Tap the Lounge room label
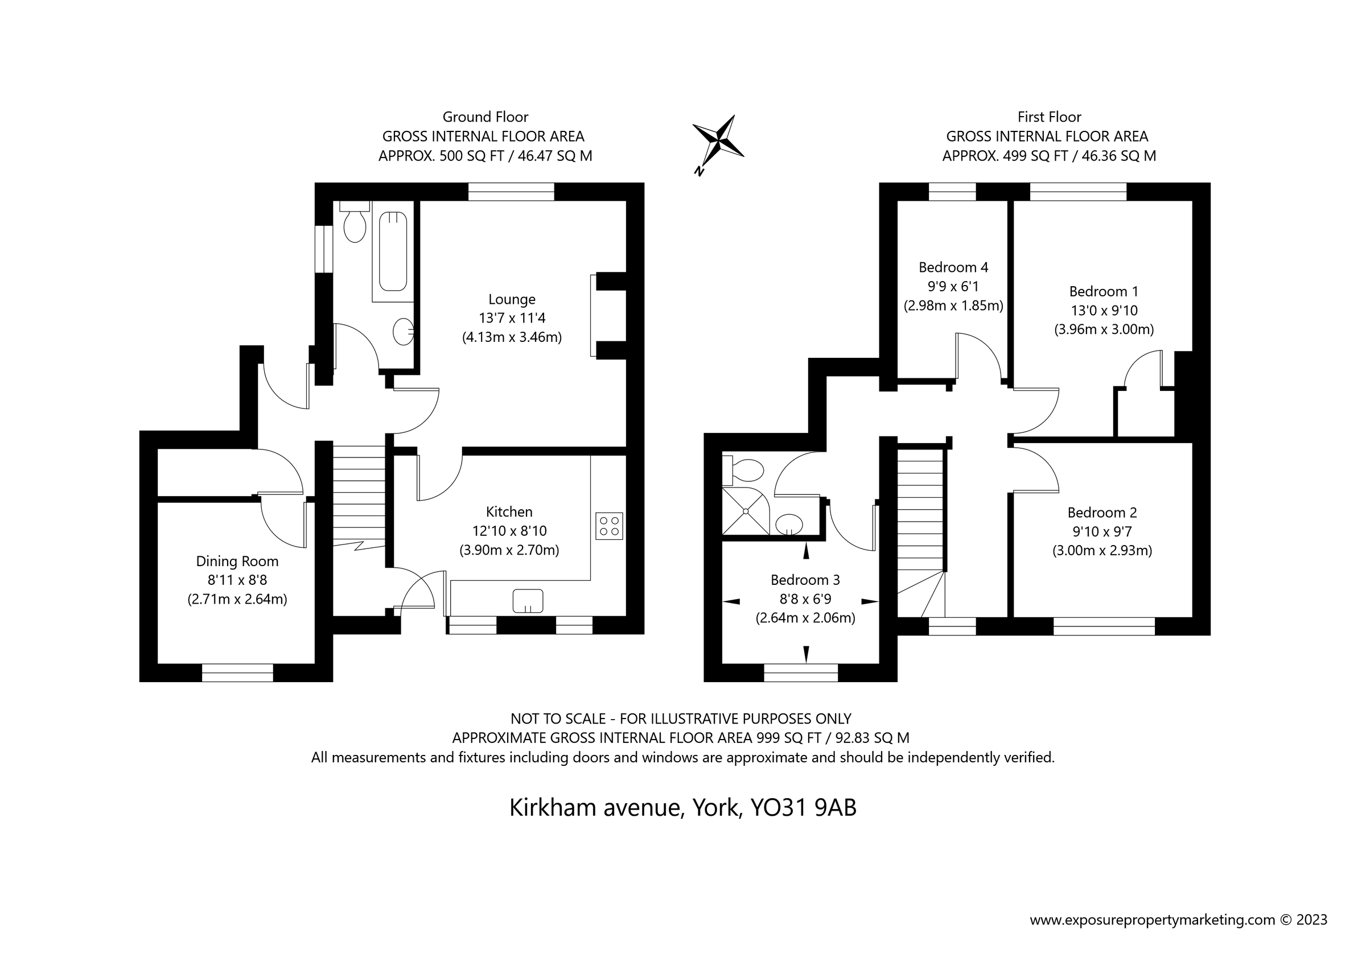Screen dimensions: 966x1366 tap(512, 299)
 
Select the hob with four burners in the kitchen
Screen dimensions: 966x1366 tap(609, 526)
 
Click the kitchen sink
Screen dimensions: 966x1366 tap(528, 601)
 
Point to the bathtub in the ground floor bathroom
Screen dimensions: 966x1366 tap(393, 251)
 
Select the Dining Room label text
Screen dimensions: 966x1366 tap(237, 561)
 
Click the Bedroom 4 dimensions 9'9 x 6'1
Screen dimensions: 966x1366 tap(953, 286)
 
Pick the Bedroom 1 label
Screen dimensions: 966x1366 tap(1104, 291)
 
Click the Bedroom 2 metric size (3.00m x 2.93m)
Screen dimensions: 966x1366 tap(1102, 550)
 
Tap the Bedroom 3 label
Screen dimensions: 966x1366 tap(805, 579)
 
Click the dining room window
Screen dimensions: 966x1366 tap(237, 673)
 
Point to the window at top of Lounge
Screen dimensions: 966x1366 tap(511, 192)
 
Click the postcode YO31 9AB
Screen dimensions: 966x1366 tap(803, 808)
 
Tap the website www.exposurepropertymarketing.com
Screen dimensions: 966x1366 tap(1153, 919)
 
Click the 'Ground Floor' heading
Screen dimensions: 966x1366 tap(485, 117)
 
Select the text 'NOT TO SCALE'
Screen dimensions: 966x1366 tap(557, 719)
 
